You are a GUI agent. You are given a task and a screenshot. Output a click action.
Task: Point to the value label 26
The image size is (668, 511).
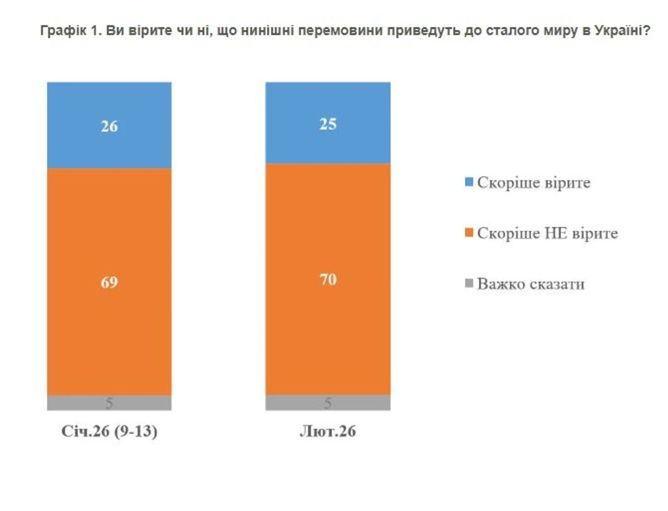109,126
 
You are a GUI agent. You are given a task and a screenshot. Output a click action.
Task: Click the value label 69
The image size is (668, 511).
109,282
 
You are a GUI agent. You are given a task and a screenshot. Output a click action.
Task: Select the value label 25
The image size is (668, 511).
328,123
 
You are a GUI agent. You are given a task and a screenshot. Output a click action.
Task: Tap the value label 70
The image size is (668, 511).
328,279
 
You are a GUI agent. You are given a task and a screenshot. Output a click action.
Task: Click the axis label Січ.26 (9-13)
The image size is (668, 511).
109,432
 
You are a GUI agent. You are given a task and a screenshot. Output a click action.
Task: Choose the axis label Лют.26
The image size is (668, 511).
328,432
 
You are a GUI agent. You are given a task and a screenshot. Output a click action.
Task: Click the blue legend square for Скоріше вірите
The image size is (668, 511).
468,182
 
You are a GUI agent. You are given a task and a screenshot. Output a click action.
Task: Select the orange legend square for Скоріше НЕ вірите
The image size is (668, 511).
468,233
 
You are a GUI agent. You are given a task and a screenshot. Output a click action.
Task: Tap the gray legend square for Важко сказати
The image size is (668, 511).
468,284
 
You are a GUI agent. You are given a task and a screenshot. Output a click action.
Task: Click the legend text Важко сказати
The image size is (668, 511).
531,284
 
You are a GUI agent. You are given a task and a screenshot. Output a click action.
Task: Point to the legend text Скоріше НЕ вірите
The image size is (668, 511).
548,233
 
